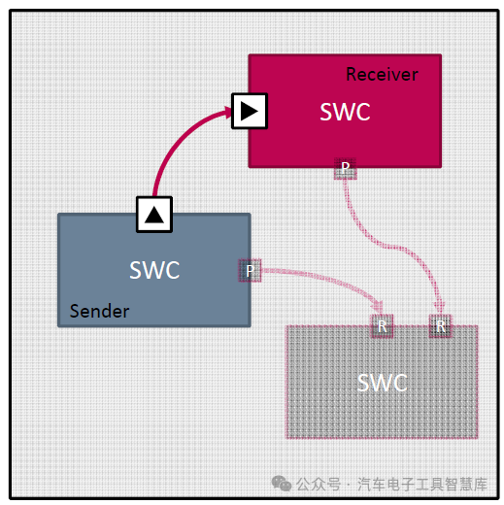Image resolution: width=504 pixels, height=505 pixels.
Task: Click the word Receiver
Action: [x=382, y=75]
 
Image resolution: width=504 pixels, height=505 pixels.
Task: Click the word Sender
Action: [x=99, y=311]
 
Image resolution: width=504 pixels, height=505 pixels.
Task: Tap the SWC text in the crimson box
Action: [x=345, y=112]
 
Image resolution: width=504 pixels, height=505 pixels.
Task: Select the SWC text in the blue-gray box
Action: [x=154, y=270]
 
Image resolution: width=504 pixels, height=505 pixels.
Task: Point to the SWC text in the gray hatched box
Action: [x=382, y=383]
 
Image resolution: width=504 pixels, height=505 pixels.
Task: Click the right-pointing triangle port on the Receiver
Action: [x=249, y=112]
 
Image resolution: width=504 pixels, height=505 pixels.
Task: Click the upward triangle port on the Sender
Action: [x=153, y=213]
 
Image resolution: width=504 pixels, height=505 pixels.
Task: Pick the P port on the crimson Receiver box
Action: [x=345, y=168]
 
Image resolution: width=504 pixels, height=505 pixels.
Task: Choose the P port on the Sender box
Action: [x=249, y=271]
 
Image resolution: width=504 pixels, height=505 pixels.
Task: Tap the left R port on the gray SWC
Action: [x=382, y=326]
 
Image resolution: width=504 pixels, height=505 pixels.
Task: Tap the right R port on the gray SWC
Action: [x=441, y=326]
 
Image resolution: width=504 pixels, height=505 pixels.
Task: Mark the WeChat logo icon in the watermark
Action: [x=282, y=483]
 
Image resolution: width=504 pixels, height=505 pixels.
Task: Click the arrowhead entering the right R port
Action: [x=439, y=308]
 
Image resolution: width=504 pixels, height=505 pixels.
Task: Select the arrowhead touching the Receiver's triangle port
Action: [x=225, y=113]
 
